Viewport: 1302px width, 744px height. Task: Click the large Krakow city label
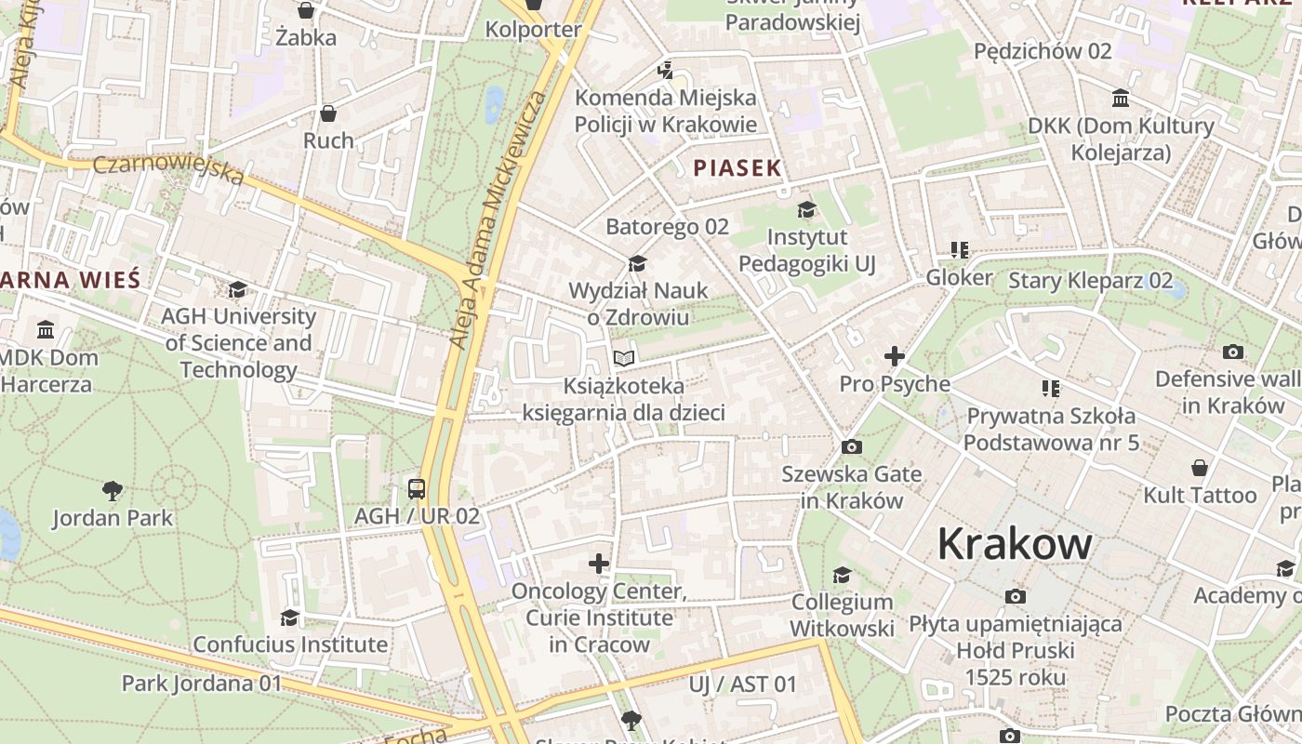point(1014,543)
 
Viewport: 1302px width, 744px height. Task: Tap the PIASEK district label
point(737,168)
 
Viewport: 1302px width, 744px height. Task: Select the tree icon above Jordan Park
point(113,489)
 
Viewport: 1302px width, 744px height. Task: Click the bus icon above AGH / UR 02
point(417,488)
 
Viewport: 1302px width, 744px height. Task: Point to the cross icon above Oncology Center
point(599,564)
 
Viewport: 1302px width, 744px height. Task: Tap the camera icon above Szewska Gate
point(851,447)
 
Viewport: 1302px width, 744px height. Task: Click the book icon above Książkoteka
point(624,358)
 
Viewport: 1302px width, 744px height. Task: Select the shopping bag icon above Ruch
point(328,113)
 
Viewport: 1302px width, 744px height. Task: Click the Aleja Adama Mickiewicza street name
point(498,219)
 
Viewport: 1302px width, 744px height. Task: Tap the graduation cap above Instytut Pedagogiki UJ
point(806,210)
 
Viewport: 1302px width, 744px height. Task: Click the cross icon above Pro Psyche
point(894,356)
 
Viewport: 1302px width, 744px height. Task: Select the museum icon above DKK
point(1121,99)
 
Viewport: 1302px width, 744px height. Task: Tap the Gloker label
point(959,277)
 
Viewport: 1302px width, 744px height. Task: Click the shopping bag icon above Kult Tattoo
point(1200,468)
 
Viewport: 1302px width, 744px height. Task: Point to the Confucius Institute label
point(290,644)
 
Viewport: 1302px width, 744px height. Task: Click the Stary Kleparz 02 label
point(1090,281)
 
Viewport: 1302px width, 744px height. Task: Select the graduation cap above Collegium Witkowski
point(842,576)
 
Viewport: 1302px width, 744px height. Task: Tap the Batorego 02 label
point(667,227)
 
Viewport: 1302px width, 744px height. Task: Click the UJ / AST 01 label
point(742,684)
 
